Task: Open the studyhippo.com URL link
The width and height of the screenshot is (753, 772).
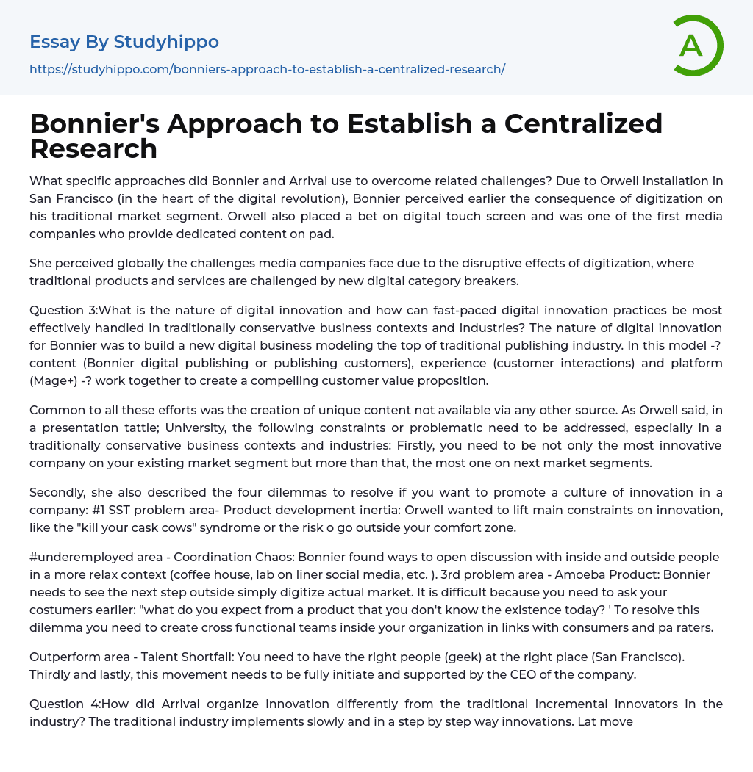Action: pyautogui.click(x=267, y=69)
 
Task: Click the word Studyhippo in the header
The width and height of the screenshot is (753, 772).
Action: pyautogui.click(x=166, y=42)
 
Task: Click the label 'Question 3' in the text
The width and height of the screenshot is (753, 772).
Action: pyautogui.click(x=63, y=310)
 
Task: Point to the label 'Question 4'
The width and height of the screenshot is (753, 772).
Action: pyautogui.click(x=63, y=704)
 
